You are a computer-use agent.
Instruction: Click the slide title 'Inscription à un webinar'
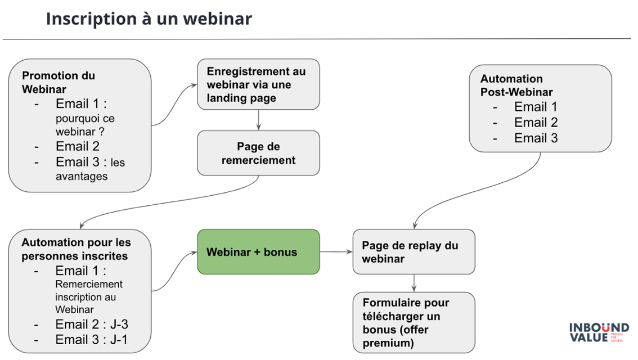[x=149, y=19]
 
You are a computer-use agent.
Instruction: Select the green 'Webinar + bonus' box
[x=258, y=252]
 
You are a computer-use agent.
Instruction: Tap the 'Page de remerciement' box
[x=258, y=153]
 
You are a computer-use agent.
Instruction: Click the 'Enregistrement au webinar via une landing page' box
[x=258, y=85]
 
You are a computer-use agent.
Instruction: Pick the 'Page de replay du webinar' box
[x=414, y=252]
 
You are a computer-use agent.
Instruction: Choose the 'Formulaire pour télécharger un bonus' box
[x=414, y=322]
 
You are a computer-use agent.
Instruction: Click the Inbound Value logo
[x=598, y=332]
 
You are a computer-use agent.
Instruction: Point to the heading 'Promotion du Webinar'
[x=59, y=82]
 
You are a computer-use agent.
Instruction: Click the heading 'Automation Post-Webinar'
[x=516, y=85]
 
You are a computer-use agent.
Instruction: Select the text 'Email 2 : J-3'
[x=92, y=325]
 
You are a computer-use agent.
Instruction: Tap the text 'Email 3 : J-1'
[x=92, y=340]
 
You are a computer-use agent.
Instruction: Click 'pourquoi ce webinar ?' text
[x=84, y=125]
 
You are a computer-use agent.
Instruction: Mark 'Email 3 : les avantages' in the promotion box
[x=90, y=169]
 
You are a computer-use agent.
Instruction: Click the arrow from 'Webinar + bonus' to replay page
[x=336, y=252]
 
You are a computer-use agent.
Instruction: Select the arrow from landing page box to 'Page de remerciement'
[x=258, y=120]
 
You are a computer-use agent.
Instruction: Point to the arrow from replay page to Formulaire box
[x=414, y=283]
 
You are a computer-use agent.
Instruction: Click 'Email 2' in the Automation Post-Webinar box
[x=536, y=123]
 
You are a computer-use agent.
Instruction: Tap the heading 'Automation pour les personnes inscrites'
[x=76, y=249]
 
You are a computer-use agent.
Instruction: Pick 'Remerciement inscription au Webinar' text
[x=89, y=296]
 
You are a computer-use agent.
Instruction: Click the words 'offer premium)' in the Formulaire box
[x=393, y=336]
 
